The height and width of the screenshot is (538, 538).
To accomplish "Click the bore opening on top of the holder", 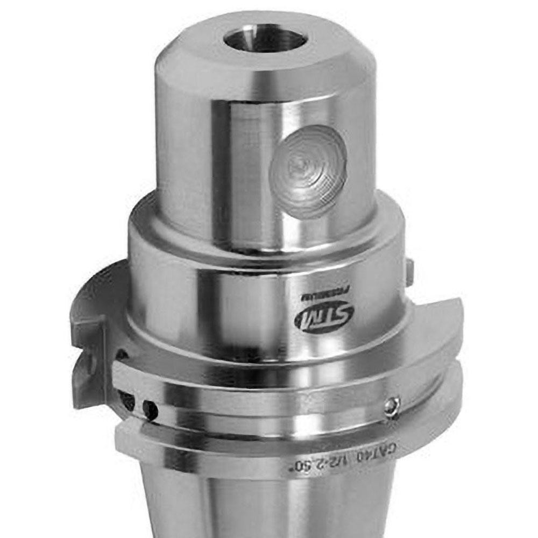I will click(x=265, y=39).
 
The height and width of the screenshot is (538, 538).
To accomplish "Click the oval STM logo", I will click(x=324, y=318).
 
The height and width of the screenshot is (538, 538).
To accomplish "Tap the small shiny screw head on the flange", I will click(x=393, y=406).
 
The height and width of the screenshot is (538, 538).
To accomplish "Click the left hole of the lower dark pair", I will click(x=129, y=400).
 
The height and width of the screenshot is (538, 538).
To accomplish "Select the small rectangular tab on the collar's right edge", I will click(x=409, y=272).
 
